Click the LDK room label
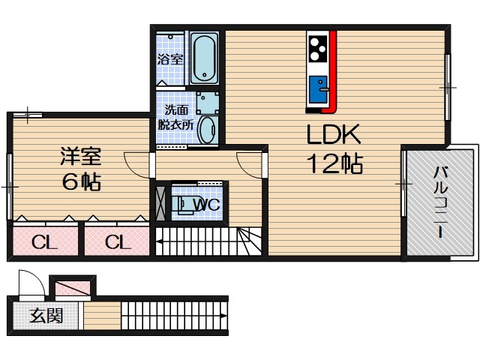pos(334,134)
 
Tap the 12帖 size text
pos(335,163)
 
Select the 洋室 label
pos(81,156)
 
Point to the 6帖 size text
pos(82,181)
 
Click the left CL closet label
pos(44,242)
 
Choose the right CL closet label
pos(118,242)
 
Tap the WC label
pos(206,204)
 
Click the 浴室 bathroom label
pos(170,59)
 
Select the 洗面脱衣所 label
pos(175,118)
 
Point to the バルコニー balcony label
pos(440,202)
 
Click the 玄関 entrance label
pos(46,316)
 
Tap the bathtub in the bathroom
pos(204,58)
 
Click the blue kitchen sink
pos(318,89)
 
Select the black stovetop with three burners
pos(318,48)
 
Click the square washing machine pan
pos(208,103)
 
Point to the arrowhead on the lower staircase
pos(224,316)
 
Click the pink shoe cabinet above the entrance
pos(73,289)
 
